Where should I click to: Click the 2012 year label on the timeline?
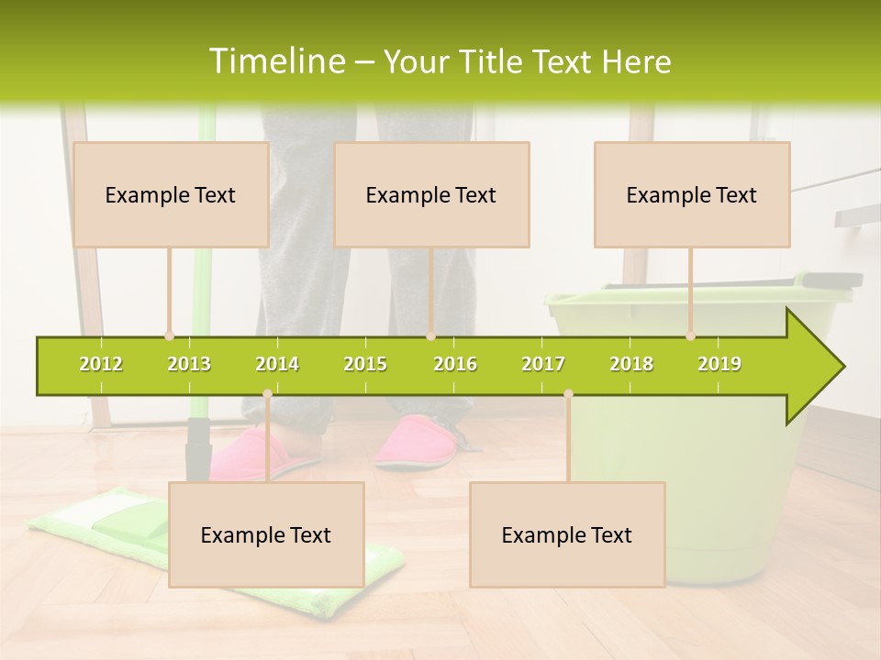coord(101,364)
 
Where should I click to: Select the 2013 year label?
coord(189,364)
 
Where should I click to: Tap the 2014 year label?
coord(277,364)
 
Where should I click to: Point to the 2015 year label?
coord(365,364)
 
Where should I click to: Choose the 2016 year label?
coord(455,364)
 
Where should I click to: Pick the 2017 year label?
coord(543,364)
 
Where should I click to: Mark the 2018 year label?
coord(631,364)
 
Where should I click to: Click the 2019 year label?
coord(719,364)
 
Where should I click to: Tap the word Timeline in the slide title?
coord(275,61)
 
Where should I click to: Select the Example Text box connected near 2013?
coord(171,194)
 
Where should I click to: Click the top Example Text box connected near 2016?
coord(431,194)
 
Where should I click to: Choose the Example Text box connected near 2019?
coord(692,194)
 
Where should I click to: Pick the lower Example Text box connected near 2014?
coord(266,534)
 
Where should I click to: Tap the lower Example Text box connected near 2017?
coord(567,534)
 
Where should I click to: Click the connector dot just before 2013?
coord(170,336)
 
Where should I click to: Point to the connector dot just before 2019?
coord(691,336)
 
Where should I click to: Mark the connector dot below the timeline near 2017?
coord(568,394)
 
